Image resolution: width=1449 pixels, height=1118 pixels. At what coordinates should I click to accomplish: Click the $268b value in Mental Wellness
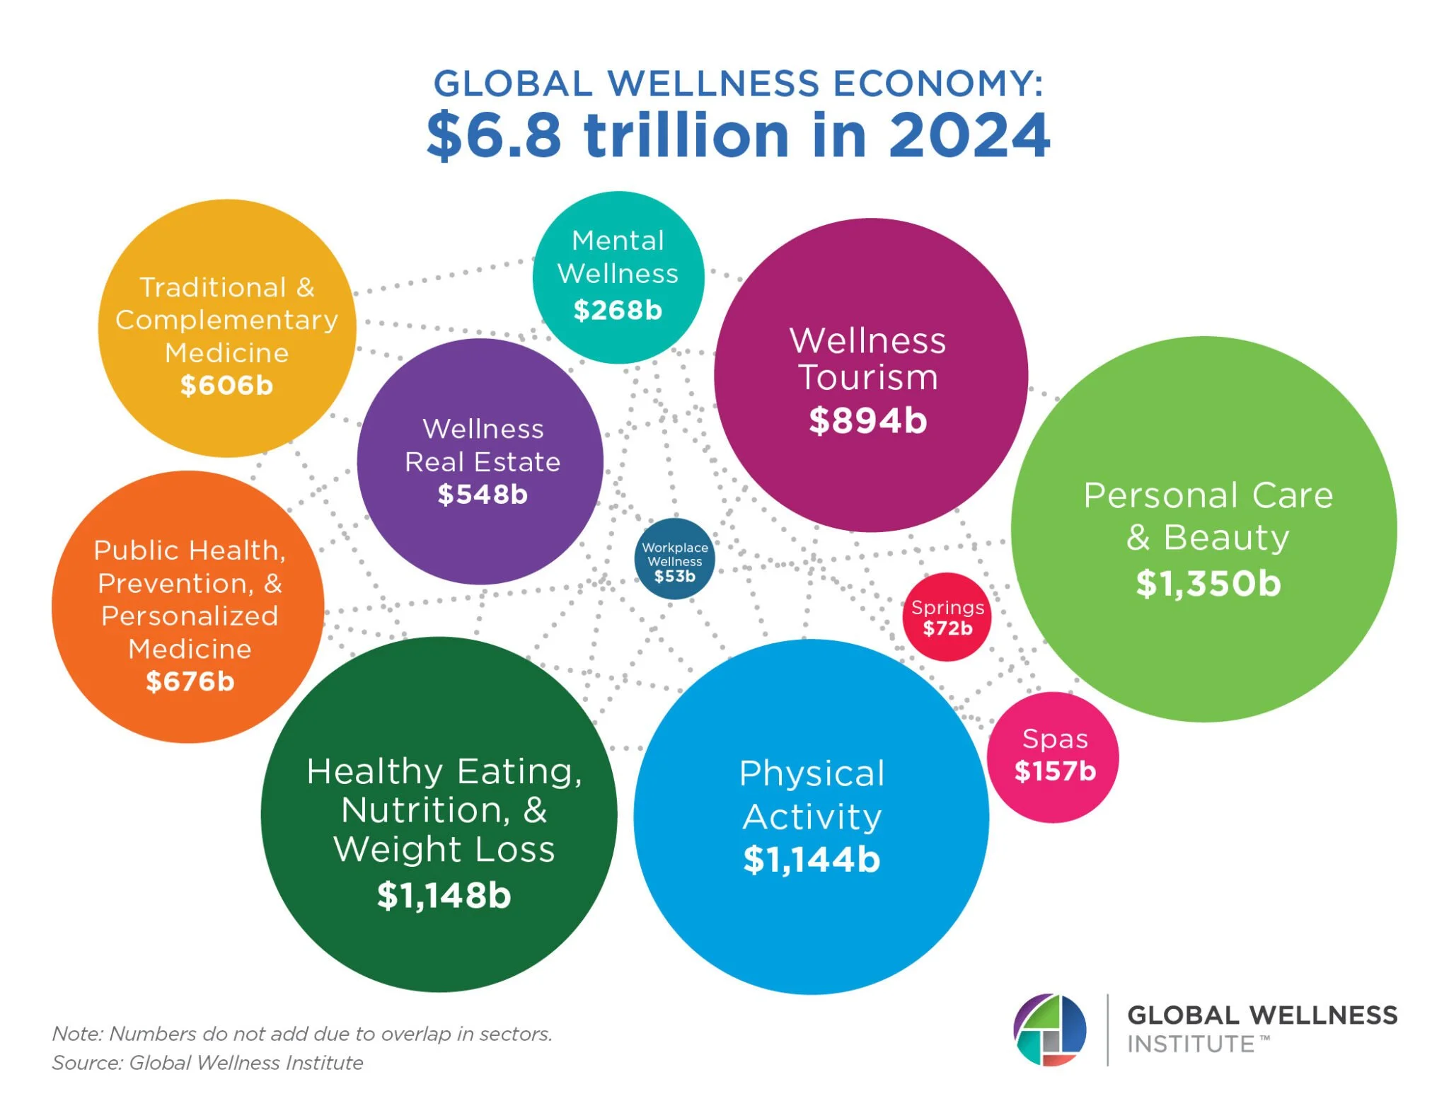point(618,310)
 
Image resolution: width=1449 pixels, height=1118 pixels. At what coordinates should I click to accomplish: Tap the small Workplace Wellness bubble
point(674,560)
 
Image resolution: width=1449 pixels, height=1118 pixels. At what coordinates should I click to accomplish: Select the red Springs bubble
point(947,617)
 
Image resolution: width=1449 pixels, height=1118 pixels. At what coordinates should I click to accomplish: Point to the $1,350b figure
point(1208,584)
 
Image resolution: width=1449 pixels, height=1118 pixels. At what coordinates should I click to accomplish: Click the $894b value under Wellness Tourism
point(867,420)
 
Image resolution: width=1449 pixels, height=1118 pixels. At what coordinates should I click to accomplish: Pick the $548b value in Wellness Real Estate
point(483,494)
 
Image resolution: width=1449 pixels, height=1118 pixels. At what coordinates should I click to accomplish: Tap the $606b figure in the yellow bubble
point(226,385)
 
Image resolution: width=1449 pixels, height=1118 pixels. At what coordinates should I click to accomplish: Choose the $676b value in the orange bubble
point(190,681)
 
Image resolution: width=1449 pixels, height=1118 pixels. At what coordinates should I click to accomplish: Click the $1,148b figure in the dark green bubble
point(444,895)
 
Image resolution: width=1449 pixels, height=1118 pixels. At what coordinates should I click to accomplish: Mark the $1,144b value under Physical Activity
point(812,860)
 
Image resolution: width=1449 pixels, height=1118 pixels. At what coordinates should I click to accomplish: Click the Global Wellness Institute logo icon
point(1050,1030)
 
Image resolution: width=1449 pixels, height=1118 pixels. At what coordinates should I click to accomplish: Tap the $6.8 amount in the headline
point(494,135)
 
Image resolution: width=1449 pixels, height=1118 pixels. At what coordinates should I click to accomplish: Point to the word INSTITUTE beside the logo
point(1190,1044)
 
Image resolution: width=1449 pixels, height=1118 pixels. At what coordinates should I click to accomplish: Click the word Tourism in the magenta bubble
point(867,377)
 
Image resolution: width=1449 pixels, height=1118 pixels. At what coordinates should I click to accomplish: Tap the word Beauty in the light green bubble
point(1226,537)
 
